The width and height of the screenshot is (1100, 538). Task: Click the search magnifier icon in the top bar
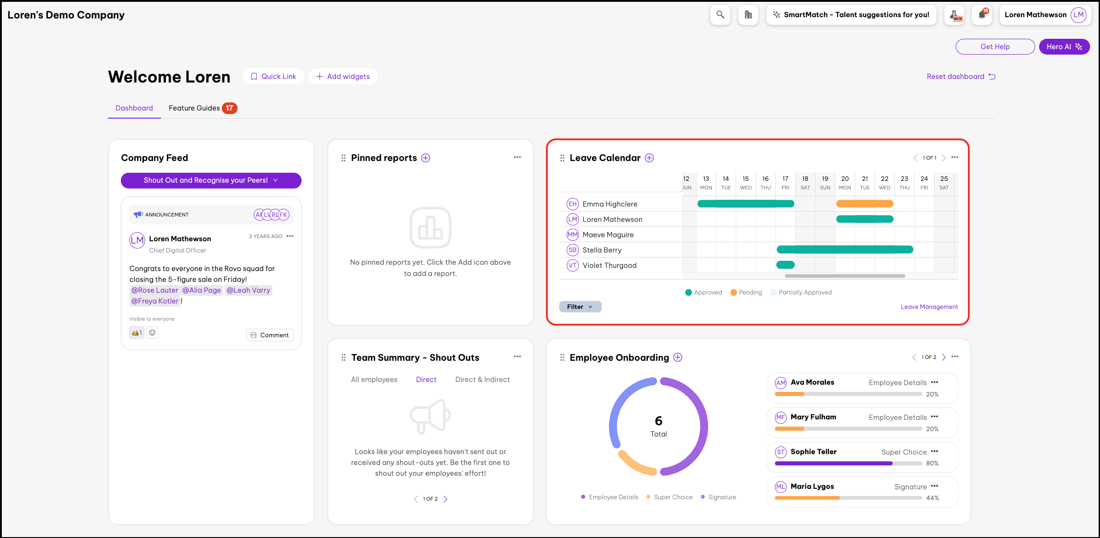coord(720,15)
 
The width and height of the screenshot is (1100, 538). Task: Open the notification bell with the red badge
coord(982,15)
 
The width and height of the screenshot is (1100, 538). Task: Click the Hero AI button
coord(1064,47)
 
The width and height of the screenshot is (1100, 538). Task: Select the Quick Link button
coord(273,77)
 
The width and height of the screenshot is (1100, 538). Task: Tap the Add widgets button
coord(343,77)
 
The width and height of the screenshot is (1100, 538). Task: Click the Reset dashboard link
coord(961,77)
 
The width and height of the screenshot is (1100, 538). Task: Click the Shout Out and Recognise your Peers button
coord(211,180)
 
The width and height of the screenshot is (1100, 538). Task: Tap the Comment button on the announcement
coord(270,335)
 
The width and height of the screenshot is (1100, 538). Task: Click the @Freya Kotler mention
coord(155,301)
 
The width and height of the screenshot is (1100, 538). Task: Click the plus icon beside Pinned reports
coord(426,158)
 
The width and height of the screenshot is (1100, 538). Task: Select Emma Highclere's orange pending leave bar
coord(864,204)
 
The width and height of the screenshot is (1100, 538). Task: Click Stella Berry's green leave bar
coord(844,250)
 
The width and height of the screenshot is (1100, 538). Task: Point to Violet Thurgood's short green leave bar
coord(785,265)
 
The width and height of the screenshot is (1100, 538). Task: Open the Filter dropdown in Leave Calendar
coord(580,307)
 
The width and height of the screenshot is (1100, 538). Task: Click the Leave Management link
coord(929,307)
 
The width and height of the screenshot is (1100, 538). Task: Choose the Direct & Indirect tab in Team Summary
coord(482,380)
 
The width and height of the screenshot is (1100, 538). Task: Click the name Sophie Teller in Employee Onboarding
coord(813,452)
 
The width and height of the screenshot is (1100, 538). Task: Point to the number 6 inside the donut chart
coord(659,421)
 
